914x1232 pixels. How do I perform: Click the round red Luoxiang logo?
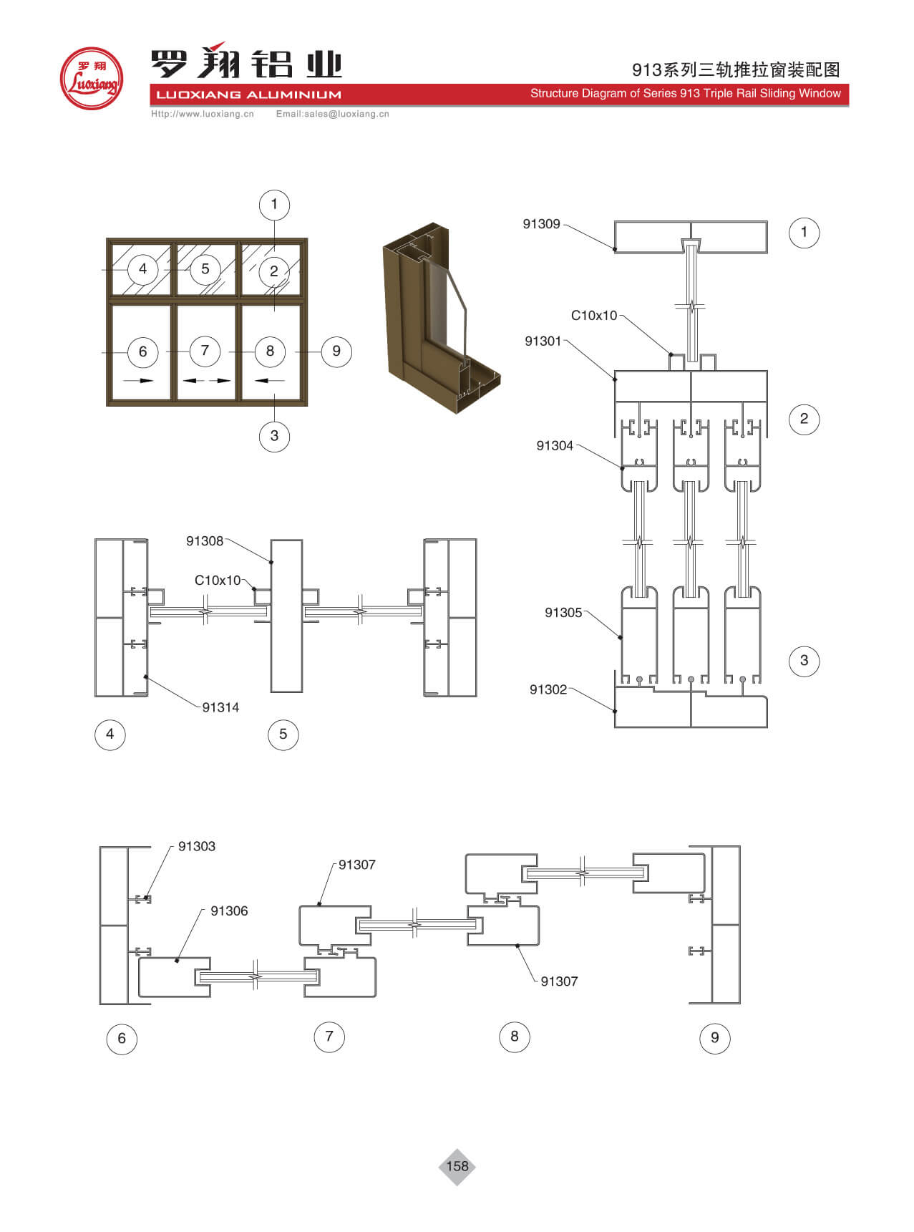click(91, 79)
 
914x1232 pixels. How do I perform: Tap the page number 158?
click(457, 1166)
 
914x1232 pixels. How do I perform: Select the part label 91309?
click(541, 224)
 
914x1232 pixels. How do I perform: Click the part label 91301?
click(543, 341)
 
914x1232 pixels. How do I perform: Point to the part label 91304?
click(555, 446)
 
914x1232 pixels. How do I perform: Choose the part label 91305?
click(563, 613)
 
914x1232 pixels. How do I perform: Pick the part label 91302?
click(548, 689)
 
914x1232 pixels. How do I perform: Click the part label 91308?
click(205, 541)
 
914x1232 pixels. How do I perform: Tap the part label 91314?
click(220, 707)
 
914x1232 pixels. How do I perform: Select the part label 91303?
click(197, 846)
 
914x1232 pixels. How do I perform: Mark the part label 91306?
click(229, 911)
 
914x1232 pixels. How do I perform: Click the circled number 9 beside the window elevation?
click(336, 351)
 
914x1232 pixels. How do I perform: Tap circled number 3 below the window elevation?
click(274, 436)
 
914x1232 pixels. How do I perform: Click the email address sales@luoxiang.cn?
click(333, 114)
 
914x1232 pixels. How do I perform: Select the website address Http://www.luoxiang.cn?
click(203, 114)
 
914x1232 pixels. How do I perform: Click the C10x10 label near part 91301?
click(593, 316)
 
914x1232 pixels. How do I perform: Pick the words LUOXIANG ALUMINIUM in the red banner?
click(248, 94)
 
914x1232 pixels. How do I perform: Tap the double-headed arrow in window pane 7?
click(207, 380)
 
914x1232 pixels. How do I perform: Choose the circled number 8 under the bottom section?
click(514, 1037)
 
